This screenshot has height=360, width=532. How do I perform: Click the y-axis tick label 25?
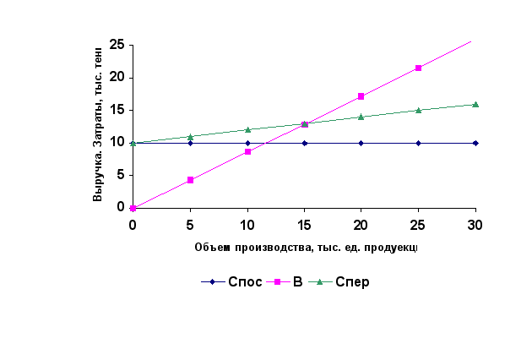click(x=117, y=44)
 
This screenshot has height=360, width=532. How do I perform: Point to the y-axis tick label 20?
click(x=117, y=77)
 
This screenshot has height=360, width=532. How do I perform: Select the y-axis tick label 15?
click(x=117, y=110)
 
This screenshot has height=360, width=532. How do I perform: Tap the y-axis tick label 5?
click(x=121, y=175)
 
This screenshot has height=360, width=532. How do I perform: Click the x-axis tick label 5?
click(x=190, y=223)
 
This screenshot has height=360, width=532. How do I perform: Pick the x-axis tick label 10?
click(x=247, y=223)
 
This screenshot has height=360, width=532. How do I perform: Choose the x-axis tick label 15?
click(x=304, y=223)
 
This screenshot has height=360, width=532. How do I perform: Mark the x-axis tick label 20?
click(x=361, y=223)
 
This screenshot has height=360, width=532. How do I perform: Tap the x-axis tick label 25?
click(x=418, y=223)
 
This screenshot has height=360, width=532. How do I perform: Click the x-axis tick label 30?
click(x=475, y=223)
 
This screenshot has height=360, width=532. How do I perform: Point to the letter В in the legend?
click(x=297, y=282)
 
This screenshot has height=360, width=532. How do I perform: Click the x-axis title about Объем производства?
click(x=306, y=248)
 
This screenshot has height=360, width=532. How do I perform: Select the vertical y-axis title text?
click(x=98, y=125)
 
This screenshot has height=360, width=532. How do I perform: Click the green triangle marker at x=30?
click(x=475, y=105)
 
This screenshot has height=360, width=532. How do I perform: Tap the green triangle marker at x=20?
click(x=361, y=117)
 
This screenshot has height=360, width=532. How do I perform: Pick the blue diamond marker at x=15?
click(x=304, y=143)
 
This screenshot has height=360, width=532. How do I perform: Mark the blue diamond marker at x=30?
click(x=475, y=143)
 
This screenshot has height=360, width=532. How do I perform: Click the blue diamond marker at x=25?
click(x=418, y=143)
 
